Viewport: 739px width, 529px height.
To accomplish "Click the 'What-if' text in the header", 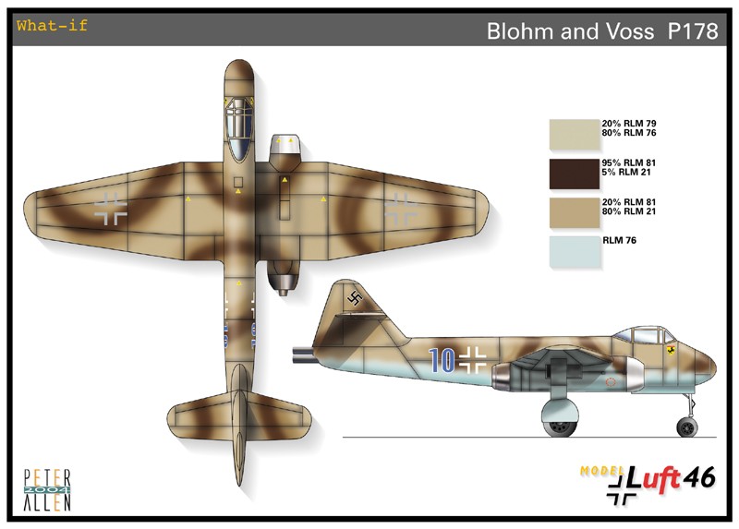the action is [x=52, y=25].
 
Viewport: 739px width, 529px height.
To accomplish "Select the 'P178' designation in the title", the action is [x=693, y=31].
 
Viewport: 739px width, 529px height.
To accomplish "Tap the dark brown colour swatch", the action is [x=575, y=174].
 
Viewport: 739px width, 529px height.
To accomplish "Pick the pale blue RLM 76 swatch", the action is [x=575, y=252].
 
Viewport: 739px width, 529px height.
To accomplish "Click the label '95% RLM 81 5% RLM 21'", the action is [x=629, y=167].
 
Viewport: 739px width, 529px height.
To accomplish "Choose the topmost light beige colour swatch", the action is [x=575, y=134].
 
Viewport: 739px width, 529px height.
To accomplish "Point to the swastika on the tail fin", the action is [x=355, y=297].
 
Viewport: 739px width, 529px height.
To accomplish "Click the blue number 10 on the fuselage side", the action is [x=442, y=361].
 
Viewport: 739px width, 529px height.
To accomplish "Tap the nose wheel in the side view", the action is [x=686, y=427].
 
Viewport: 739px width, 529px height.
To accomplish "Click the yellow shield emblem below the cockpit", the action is [x=671, y=350].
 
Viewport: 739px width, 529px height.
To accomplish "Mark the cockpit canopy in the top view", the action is [x=239, y=129].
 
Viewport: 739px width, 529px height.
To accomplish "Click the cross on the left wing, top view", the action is [x=110, y=209].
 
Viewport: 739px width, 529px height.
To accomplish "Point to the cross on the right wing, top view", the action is [x=401, y=209].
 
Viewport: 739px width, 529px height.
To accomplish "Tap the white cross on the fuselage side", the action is [x=472, y=360].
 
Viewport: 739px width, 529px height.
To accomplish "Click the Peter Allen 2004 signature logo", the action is [x=47, y=490].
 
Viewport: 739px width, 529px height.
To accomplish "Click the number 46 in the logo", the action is [x=699, y=478].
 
